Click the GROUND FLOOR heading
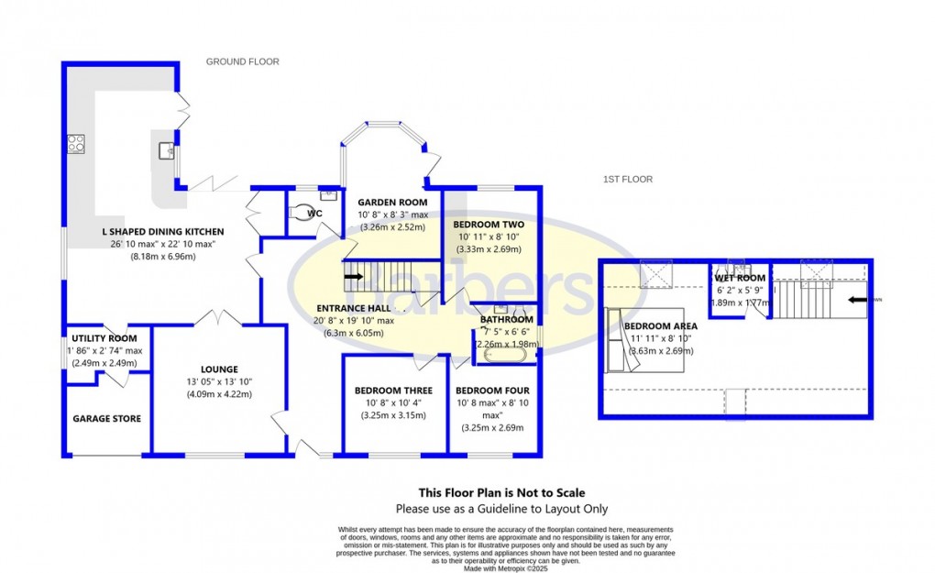tap(242, 61)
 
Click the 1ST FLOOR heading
tap(627, 180)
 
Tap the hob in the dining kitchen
tap(75, 144)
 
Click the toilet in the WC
tap(300, 212)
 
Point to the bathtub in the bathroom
tap(504, 351)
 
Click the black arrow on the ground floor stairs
tap(354, 274)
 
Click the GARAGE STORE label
tap(107, 419)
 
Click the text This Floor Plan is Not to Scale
tap(501, 492)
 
